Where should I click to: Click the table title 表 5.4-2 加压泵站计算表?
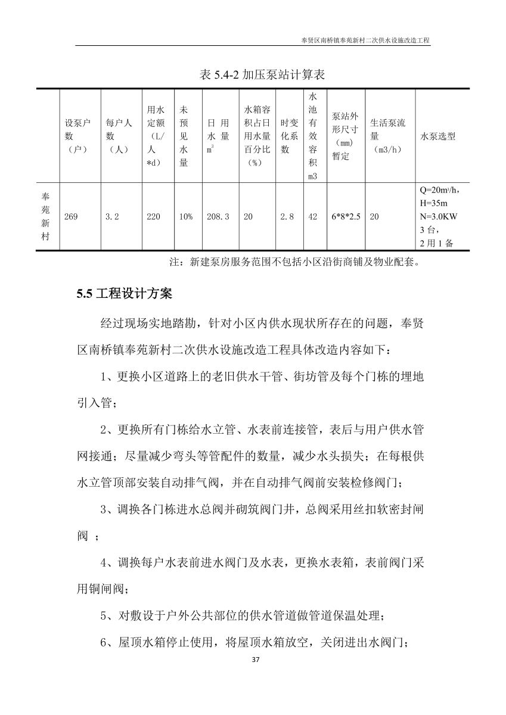click(x=262, y=75)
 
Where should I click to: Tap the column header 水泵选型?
click(x=438, y=136)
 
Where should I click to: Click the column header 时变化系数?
click(x=289, y=136)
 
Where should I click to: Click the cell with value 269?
click(x=71, y=217)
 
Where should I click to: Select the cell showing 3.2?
click(x=112, y=217)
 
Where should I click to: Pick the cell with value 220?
click(x=153, y=217)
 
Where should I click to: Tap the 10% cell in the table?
click(x=185, y=217)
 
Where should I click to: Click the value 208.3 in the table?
click(x=218, y=217)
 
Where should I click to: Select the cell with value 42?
click(x=313, y=217)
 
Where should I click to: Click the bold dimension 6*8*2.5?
click(x=346, y=217)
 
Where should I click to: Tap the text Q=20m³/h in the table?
click(x=439, y=191)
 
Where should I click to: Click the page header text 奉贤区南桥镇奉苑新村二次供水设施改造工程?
click(x=366, y=41)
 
